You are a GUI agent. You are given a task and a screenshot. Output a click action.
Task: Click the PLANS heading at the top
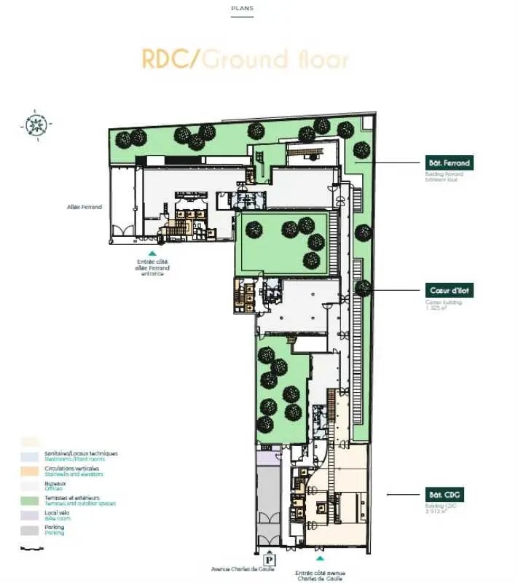[243, 9]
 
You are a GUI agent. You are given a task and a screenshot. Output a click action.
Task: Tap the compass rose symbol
[33, 123]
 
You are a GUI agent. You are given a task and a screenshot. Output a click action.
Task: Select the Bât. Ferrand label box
[448, 163]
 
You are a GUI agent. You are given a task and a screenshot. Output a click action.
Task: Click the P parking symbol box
[270, 560]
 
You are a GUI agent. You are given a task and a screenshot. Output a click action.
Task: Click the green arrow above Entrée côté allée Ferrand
[152, 253]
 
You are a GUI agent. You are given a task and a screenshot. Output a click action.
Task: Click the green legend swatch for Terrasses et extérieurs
[30, 501]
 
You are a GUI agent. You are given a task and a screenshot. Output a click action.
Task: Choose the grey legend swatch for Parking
[30, 530]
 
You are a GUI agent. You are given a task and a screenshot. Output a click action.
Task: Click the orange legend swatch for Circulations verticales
[30, 471]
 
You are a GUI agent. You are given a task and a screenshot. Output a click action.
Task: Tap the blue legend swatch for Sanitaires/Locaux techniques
[30, 455]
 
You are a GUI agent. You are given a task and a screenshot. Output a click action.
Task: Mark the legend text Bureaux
[55, 482]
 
